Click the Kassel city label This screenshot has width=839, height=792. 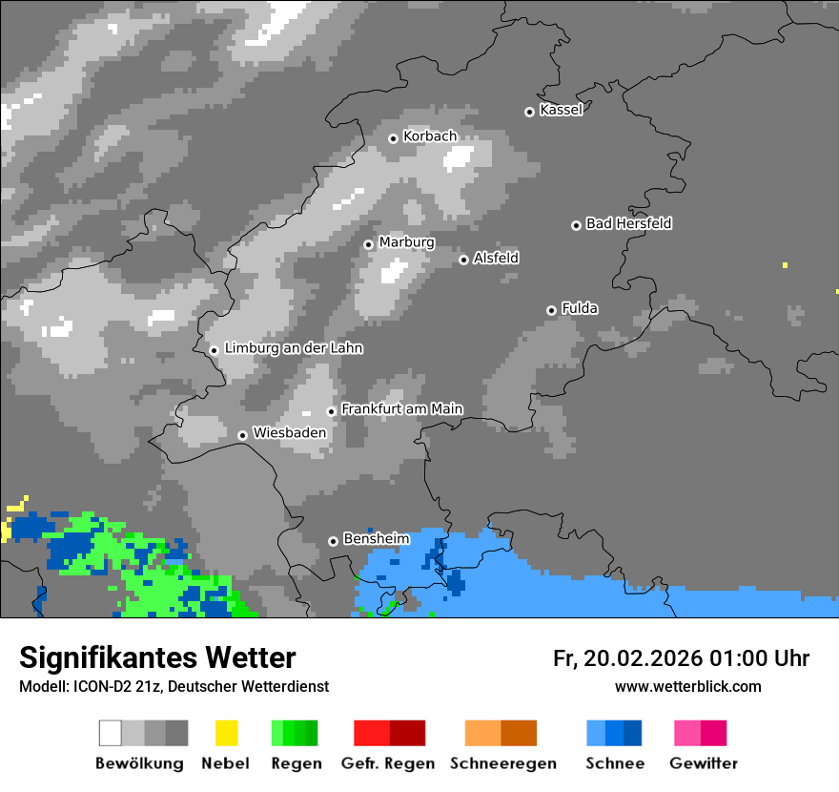click(561, 110)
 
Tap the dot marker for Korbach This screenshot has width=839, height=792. click(393, 138)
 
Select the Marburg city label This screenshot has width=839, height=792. click(406, 242)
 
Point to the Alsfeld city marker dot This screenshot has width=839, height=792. click(463, 260)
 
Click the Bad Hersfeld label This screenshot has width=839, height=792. click(628, 223)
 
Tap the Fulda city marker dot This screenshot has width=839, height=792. click(551, 310)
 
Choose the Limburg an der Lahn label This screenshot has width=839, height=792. click(293, 348)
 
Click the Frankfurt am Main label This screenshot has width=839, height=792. click(401, 409)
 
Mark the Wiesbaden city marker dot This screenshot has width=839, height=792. click(243, 435)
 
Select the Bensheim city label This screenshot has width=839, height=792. click(376, 539)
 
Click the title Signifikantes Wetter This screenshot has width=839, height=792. click(157, 657)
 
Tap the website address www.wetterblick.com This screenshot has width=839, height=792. click(687, 686)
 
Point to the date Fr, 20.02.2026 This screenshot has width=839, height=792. click(626, 658)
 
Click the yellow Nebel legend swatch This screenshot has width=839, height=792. click(226, 733)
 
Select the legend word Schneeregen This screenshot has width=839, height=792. click(503, 763)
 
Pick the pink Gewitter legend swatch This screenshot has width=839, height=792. click(687, 733)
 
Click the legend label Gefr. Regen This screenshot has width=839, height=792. click(388, 763)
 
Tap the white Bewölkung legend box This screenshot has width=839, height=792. click(111, 733)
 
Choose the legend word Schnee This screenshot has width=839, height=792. click(615, 763)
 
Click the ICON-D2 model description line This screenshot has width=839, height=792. click(174, 687)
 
